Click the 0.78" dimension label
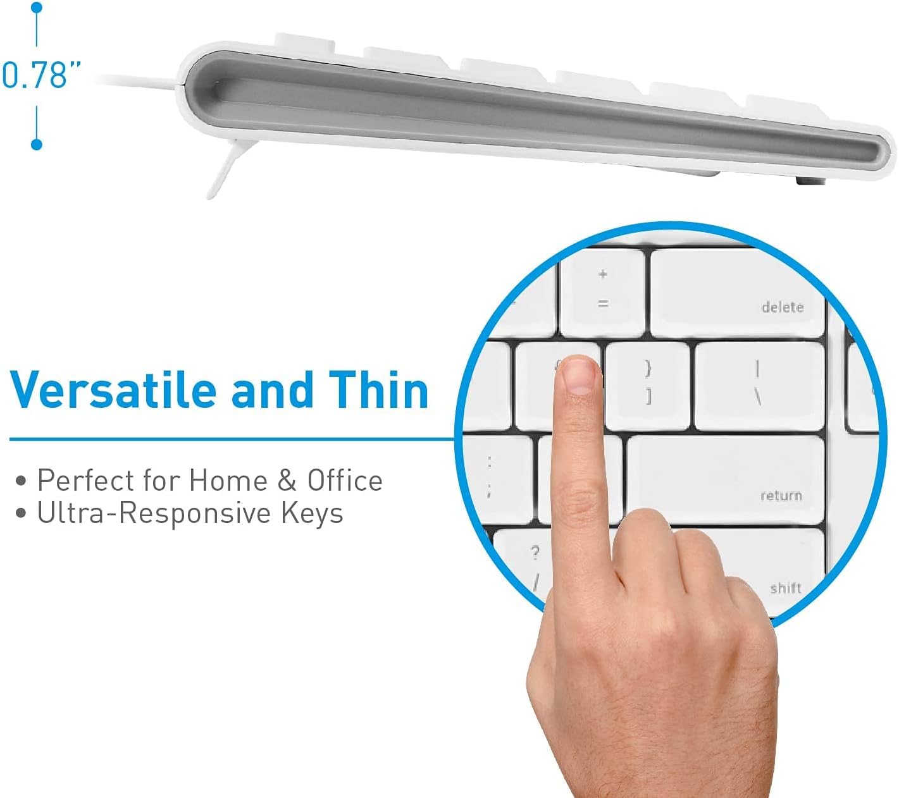click(x=42, y=75)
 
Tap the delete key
click(x=737, y=293)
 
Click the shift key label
click(x=785, y=588)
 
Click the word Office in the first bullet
click(x=345, y=481)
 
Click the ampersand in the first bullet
click(x=287, y=481)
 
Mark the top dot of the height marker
click(x=37, y=8)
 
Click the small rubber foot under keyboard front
click(x=809, y=181)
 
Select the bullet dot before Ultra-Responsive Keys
click(x=22, y=513)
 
